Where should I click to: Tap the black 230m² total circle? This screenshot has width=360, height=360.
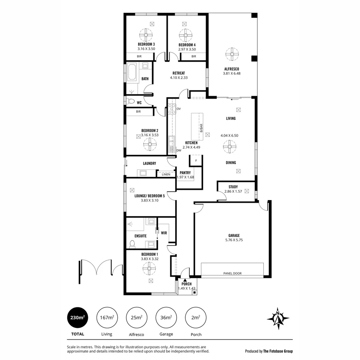(x=78, y=318)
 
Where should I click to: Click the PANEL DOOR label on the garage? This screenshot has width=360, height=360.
(x=232, y=273)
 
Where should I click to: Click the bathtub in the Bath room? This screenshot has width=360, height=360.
(x=132, y=72)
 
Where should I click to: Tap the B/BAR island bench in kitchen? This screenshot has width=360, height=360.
(x=197, y=126)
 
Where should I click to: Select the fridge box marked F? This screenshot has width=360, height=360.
(x=196, y=161)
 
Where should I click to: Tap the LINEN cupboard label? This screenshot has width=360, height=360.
(x=166, y=174)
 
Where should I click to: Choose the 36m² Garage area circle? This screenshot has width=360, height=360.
(x=166, y=318)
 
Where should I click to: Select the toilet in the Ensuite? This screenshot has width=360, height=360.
(x=132, y=244)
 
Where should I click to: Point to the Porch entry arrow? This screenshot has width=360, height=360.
(x=184, y=279)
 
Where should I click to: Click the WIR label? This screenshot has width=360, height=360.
(x=164, y=233)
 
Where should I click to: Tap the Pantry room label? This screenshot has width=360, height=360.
(x=185, y=173)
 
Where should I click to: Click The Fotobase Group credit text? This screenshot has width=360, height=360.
(x=278, y=351)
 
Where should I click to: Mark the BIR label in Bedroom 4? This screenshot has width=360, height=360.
(x=194, y=56)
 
